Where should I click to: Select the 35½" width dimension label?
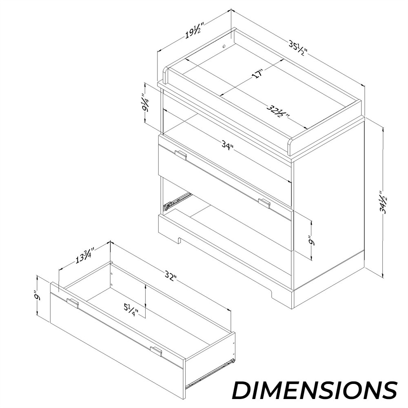pos(298,47)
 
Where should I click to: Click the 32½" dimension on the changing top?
pos(278,111)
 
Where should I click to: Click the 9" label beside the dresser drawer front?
pos(311,240)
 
